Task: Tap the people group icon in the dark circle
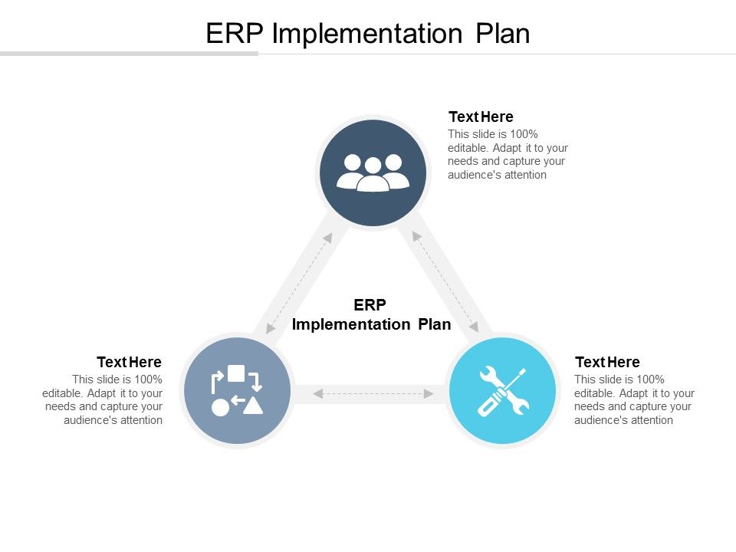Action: click(x=373, y=172)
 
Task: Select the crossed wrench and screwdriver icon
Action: click(x=503, y=391)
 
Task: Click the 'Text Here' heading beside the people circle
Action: click(x=481, y=117)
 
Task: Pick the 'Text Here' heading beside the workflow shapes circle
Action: click(x=129, y=362)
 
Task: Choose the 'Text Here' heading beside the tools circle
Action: click(x=607, y=362)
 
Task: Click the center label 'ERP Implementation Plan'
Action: click(x=371, y=315)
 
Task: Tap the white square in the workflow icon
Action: click(x=236, y=373)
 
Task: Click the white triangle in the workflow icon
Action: click(x=254, y=406)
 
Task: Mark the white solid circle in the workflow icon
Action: click(x=220, y=407)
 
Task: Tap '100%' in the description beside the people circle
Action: click(x=524, y=133)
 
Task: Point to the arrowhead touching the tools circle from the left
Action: click(x=429, y=393)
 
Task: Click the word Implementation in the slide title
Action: click(x=366, y=34)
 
